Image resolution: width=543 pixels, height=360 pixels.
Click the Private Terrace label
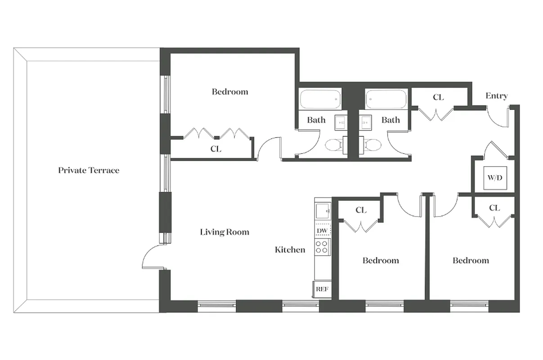89,171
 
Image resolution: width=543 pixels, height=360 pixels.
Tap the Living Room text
224,232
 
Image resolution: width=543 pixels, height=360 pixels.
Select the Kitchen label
290,250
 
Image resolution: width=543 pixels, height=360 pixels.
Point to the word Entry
497,96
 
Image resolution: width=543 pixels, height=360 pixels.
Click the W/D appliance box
494,177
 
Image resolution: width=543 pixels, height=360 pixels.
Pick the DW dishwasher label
322,231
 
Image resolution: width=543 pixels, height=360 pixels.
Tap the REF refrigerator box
322,289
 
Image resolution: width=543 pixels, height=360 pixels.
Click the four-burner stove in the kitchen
322,247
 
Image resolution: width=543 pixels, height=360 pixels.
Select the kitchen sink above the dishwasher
322,211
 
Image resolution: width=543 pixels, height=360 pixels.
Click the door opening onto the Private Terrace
152,257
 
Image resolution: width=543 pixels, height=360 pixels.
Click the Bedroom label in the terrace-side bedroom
230,92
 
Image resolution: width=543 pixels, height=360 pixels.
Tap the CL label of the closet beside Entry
438,97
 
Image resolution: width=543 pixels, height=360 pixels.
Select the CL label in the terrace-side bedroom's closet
216,149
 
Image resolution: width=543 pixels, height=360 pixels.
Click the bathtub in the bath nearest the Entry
386,99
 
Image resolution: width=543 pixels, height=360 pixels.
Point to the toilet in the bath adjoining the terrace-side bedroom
333,144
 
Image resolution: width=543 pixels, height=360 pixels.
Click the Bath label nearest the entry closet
390,120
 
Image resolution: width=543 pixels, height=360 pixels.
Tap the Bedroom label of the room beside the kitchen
381,261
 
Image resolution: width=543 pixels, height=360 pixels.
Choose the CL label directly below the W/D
494,208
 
